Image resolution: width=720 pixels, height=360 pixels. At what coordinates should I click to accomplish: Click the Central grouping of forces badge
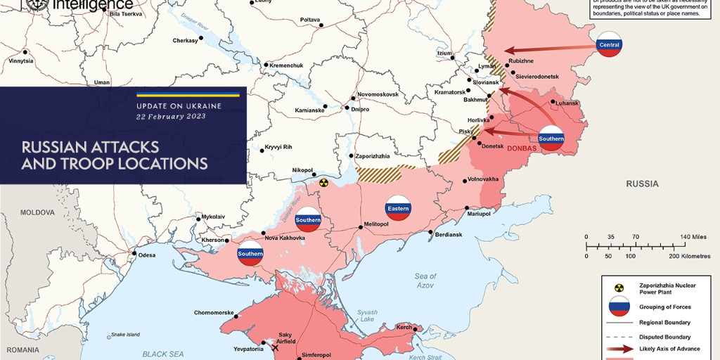click(x=608, y=44)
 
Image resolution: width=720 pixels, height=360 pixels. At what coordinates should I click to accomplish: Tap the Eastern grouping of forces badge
click(x=397, y=208)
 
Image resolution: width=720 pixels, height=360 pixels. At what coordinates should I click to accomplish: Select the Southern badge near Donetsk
click(x=551, y=139)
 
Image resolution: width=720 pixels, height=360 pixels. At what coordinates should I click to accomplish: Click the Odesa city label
click(x=147, y=255)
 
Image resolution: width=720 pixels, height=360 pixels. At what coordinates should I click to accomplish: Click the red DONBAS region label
click(x=521, y=148)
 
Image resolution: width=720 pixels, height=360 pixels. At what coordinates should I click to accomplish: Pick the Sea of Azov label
click(x=425, y=280)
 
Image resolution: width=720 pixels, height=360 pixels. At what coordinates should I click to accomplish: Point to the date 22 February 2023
click(x=171, y=116)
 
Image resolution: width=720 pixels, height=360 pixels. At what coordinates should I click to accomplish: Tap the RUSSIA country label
click(x=643, y=184)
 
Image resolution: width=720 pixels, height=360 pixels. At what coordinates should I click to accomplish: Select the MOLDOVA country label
click(x=37, y=212)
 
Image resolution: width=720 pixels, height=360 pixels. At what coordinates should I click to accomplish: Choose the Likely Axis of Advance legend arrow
click(x=619, y=349)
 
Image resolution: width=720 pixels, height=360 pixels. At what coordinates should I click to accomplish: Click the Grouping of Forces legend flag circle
click(x=619, y=306)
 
